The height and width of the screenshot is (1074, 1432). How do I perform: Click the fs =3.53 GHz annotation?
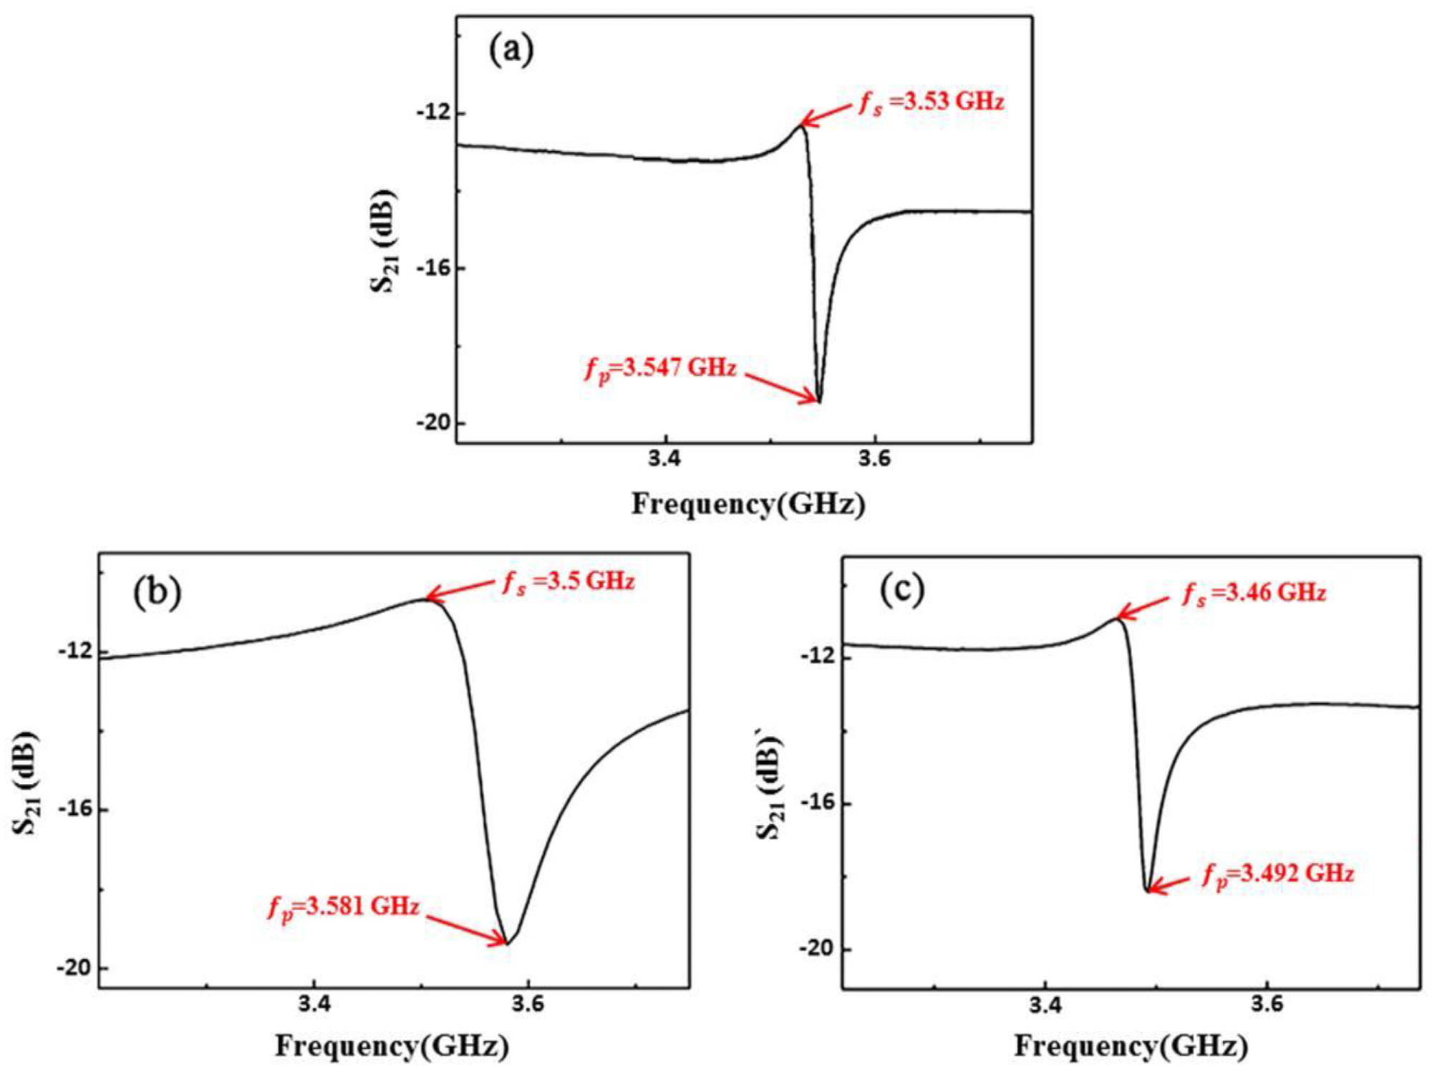point(932,102)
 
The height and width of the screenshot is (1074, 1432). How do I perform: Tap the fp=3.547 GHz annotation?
point(660,369)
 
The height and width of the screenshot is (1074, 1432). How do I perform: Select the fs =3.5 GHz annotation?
point(569,581)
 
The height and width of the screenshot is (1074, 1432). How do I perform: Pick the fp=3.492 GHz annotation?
point(1278,874)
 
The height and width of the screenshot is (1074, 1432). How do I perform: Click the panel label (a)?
point(511,50)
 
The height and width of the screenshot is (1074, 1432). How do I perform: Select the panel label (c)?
point(902,589)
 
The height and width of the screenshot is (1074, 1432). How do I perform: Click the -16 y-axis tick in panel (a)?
point(432,268)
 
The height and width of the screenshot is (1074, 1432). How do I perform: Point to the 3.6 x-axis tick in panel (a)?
point(874,459)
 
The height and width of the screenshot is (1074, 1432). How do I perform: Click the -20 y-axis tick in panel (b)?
point(74,968)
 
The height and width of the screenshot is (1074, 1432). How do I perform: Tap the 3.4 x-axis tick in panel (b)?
point(314,1005)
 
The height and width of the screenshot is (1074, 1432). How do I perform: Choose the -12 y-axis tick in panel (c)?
point(817,657)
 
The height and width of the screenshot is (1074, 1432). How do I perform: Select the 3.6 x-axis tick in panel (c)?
point(1267,1005)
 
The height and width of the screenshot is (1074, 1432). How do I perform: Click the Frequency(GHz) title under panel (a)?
point(748,504)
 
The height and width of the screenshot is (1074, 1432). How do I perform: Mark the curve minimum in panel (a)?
point(819,402)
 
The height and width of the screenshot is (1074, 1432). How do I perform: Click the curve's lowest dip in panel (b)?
point(507,944)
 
